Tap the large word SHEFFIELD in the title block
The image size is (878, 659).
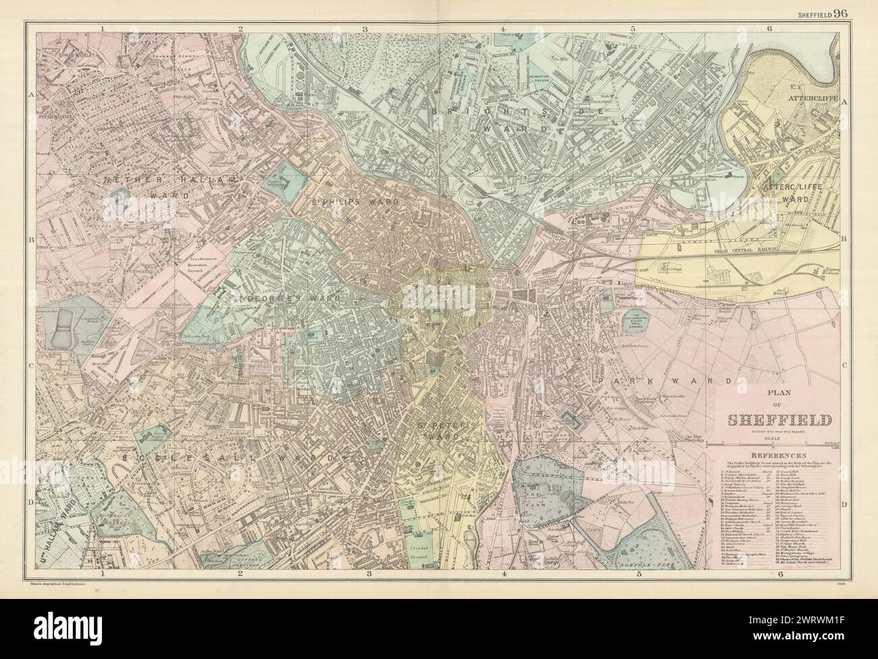(779, 420)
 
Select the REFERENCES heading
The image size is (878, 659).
(778, 456)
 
